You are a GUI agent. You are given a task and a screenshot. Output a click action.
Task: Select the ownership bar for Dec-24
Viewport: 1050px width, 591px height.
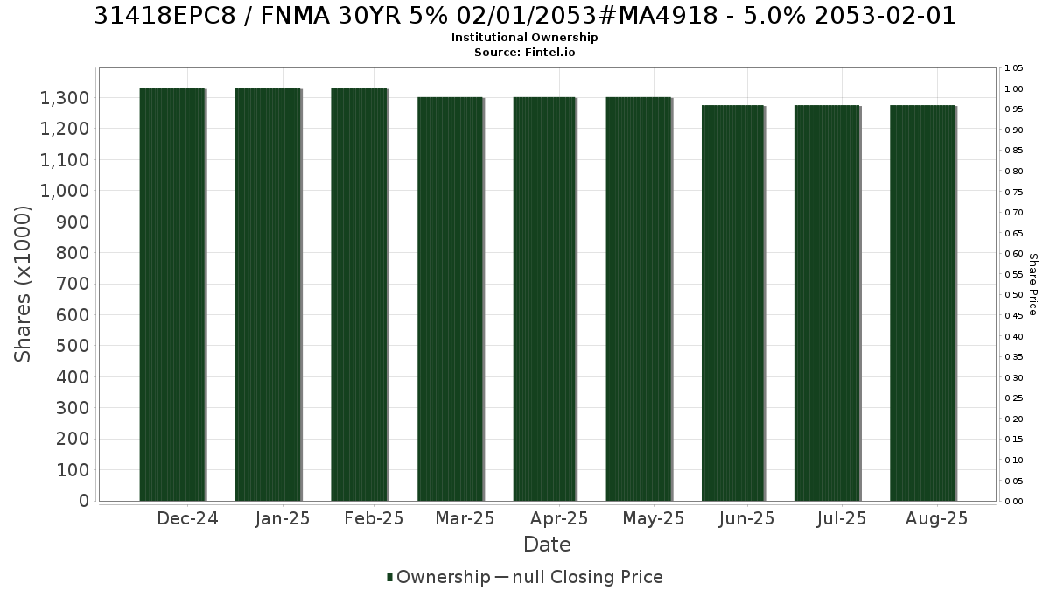point(172,294)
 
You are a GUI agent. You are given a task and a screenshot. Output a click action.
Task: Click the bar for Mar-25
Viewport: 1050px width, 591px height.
point(450,299)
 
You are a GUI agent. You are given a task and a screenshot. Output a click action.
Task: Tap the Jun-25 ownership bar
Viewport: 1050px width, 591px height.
point(733,303)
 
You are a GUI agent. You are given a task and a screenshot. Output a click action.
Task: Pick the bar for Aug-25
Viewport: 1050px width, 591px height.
point(922,303)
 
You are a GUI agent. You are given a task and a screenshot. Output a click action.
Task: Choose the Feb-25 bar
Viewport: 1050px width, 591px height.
point(359,294)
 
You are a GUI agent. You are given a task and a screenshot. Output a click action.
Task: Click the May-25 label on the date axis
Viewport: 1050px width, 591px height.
point(654,518)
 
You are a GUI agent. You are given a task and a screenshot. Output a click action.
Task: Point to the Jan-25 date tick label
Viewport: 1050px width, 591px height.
point(283,518)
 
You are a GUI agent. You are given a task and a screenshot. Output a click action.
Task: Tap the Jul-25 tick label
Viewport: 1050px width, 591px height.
point(842,518)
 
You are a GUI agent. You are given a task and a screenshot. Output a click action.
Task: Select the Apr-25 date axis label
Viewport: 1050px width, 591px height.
point(559,518)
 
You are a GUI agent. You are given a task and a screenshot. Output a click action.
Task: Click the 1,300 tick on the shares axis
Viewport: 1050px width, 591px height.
point(65,98)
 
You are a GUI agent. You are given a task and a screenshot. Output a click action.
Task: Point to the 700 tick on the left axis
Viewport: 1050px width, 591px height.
point(73,284)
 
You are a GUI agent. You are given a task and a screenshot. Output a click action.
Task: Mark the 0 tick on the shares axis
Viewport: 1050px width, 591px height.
point(84,501)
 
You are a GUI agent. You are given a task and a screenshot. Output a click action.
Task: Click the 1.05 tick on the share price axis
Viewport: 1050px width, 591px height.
point(1014,68)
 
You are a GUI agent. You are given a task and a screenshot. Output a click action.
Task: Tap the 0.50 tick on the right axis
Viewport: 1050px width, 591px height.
point(1014,295)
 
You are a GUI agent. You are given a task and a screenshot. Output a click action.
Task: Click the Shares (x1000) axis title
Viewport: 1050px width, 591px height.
point(23,285)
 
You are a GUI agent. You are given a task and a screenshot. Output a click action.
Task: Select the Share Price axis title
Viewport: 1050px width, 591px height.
point(1033,285)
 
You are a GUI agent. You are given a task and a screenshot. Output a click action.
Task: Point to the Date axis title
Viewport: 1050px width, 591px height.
point(547,545)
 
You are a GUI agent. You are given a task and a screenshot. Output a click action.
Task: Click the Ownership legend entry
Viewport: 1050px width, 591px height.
point(438,577)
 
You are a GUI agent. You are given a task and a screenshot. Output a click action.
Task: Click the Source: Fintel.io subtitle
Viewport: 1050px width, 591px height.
point(524,52)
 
